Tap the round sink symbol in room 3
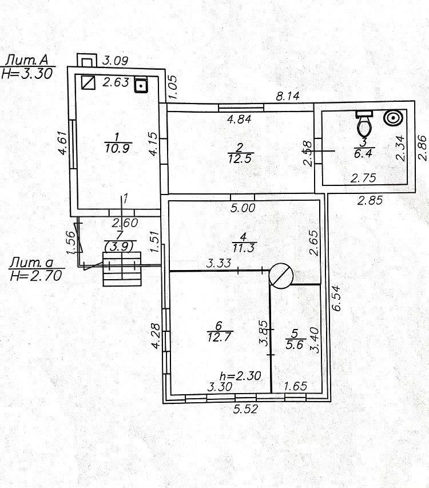click(x=393, y=118)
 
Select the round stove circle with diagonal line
click(x=281, y=275)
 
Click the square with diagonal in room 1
click(x=88, y=83)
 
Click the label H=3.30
click(x=27, y=73)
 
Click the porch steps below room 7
click(x=122, y=270)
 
